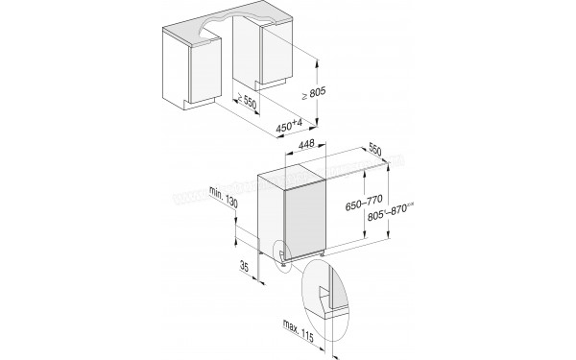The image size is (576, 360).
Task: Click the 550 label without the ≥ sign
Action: (375, 152)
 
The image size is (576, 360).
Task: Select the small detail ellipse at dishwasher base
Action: (283, 254)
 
